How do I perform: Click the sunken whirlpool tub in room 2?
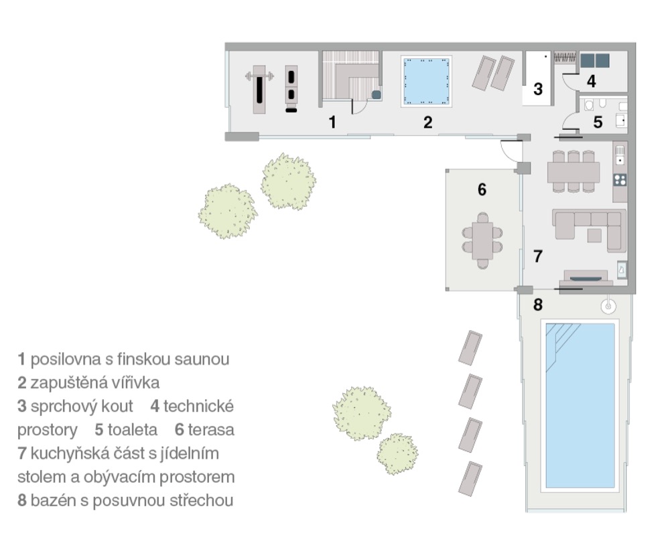pyautogui.click(x=426, y=81)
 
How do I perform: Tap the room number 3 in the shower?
pyautogui.click(x=538, y=89)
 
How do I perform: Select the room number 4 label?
pyautogui.click(x=592, y=81)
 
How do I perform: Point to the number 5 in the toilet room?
pyautogui.click(x=598, y=122)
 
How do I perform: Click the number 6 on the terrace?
pyautogui.click(x=482, y=189)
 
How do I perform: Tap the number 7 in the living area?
pyautogui.click(x=538, y=256)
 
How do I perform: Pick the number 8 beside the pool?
pyautogui.click(x=538, y=305)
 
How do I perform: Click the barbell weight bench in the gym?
pyautogui.click(x=259, y=89)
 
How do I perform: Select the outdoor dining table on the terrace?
pyautogui.click(x=482, y=240)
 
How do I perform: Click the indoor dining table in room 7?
pyautogui.click(x=574, y=171)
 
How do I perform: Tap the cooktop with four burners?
pyautogui.click(x=620, y=180)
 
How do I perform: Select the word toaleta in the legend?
pyautogui.click(x=132, y=430)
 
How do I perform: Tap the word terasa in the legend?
pyautogui.click(x=211, y=430)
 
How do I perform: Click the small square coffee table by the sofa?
pyautogui.click(x=594, y=235)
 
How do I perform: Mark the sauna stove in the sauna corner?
pyautogui.click(x=377, y=95)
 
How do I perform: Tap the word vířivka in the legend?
pyautogui.click(x=135, y=382)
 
